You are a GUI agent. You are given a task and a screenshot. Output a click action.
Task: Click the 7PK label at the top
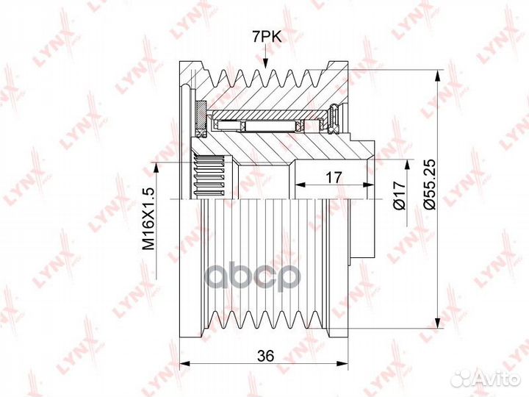[x=267, y=37]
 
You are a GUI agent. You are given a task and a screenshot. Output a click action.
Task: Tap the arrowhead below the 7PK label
[x=265, y=64]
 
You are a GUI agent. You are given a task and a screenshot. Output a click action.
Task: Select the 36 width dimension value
[x=265, y=355]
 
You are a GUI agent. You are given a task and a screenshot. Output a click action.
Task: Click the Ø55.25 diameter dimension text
[x=430, y=184]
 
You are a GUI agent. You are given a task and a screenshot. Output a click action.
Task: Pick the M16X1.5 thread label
[x=148, y=218]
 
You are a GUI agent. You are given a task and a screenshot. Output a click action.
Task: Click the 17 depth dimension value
[x=334, y=177]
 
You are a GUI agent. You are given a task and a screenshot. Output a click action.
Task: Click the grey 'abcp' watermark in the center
[x=253, y=277]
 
